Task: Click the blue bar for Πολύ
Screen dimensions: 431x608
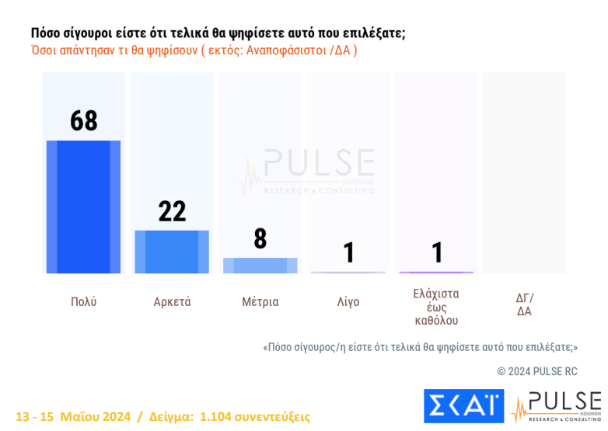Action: coord(83,207)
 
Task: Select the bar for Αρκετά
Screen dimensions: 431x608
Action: coord(172,252)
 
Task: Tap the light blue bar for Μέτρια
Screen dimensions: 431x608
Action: coord(260,266)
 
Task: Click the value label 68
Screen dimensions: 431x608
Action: coord(84,121)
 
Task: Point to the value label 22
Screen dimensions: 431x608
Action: coord(172,211)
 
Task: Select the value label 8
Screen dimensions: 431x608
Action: coord(260,239)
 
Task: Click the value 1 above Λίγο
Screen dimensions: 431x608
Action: coord(349,252)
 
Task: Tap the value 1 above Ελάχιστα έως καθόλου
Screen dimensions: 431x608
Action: coord(437,252)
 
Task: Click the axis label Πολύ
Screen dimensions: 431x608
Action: coord(84,302)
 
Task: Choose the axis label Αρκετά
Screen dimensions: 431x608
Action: coord(172,302)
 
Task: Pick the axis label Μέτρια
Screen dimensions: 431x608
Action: coord(260,302)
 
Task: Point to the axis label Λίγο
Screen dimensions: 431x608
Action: coord(348,302)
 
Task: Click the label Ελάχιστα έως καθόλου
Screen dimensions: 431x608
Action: coord(436,307)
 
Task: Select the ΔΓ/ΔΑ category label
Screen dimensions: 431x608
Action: coord(525,304)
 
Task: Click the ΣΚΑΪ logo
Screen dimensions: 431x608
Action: coord(463,406)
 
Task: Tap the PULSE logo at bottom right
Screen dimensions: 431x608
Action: coord(557,406)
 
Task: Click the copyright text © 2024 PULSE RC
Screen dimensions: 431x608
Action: coord(537,371)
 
